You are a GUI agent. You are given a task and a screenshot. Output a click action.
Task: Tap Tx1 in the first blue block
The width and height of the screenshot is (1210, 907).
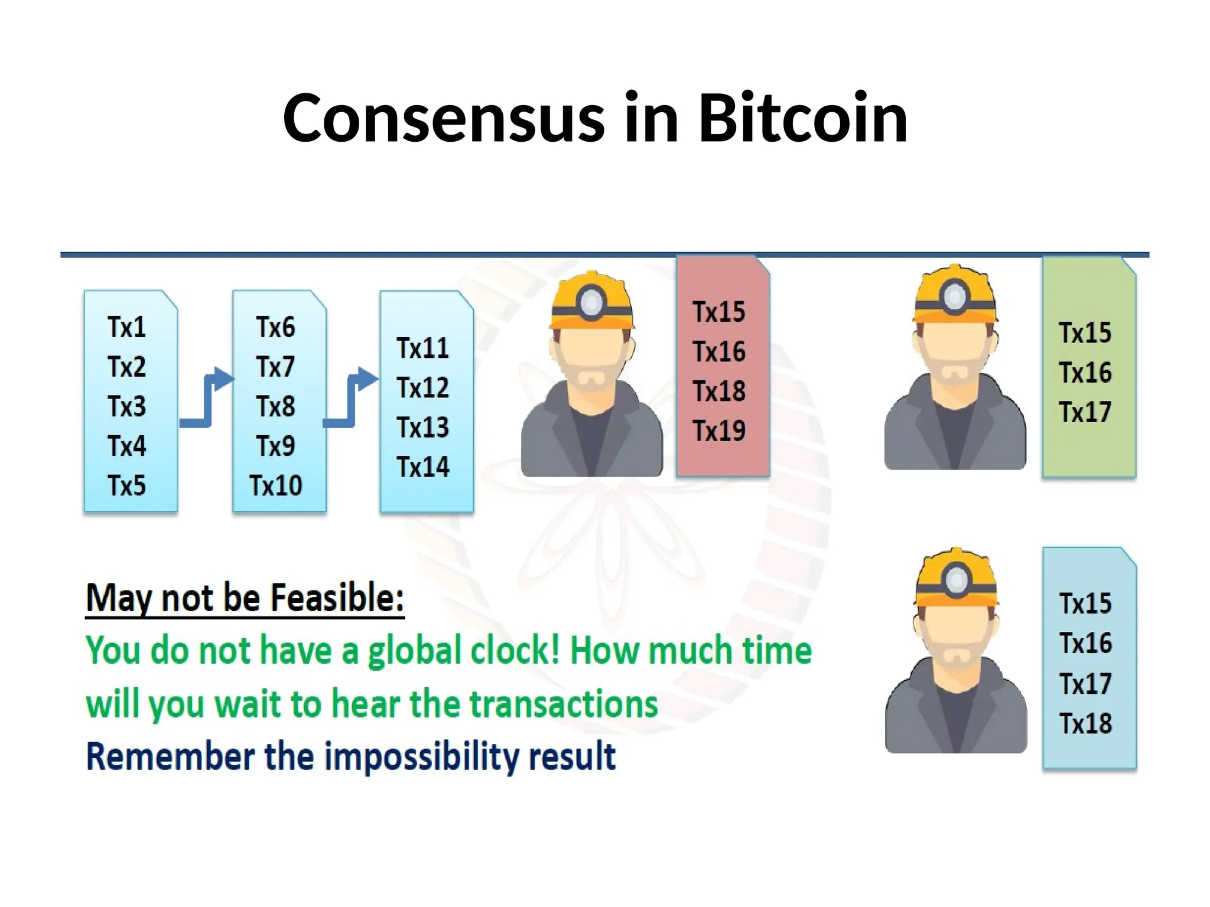click(x=126, y=327)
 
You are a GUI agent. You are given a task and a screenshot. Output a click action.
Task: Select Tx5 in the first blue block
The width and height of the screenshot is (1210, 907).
click(x=126, y=486)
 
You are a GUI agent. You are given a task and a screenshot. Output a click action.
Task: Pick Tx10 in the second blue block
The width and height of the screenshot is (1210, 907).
click(x=275, y=486)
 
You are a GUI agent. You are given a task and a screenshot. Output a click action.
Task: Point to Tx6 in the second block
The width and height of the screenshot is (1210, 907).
click(x=275, y=327)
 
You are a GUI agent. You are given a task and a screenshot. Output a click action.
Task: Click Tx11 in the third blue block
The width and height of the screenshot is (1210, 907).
click(x=422, y=348)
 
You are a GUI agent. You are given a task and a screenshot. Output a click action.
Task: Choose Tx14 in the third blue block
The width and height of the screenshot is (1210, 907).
click(x=422, y=467)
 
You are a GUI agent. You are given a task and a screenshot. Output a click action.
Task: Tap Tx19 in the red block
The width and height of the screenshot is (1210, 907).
click(x=719, y=431)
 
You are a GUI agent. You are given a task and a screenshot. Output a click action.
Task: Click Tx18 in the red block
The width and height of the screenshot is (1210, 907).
click(x=719, y=391)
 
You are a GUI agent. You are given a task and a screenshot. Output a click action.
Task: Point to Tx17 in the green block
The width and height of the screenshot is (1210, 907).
click(x=1085, y=412)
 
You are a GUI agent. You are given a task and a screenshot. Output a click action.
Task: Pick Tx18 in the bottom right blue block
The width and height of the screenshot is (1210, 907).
click(x=1085, y=724)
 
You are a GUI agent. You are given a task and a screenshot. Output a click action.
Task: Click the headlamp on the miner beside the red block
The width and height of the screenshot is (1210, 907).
click(x=591, y=302)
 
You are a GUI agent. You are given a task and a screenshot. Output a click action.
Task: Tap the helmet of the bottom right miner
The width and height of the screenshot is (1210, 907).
click(x=956, y=579)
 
